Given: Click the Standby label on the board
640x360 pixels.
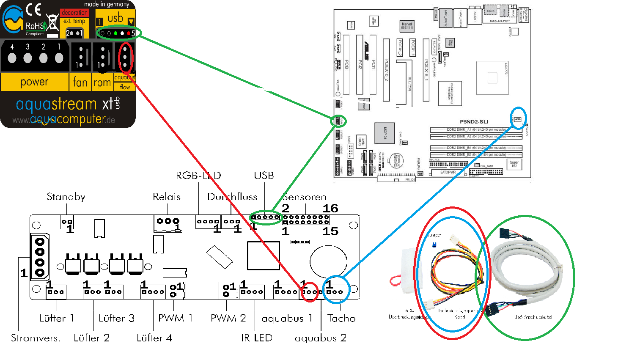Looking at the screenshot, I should click(x=66, y=197).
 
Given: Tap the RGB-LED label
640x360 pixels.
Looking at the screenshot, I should click(x=198, y=176).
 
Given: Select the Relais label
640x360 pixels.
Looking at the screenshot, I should click(x=167, y=197).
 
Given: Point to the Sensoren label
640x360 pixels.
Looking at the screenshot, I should click(x=304, y=197).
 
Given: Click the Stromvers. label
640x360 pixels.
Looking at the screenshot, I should click(x=36, y=338).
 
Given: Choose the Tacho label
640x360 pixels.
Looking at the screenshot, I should click(x=341, y=318).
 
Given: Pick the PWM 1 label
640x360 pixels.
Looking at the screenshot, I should click(x=176, y=318).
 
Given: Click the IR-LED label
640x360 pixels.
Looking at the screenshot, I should click(x=256, y=338).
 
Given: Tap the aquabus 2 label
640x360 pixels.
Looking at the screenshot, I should click(x=320, y=338).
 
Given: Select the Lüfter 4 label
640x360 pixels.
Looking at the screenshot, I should click(x=154, y=338).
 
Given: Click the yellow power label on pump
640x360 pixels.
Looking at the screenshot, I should click(x=34, y=82).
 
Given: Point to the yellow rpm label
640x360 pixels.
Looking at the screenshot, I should click(x=102, y=82).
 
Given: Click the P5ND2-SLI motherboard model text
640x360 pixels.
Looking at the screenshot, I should click(x=474, y=122).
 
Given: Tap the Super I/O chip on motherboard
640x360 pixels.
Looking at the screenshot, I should click(x=514, y=164).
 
